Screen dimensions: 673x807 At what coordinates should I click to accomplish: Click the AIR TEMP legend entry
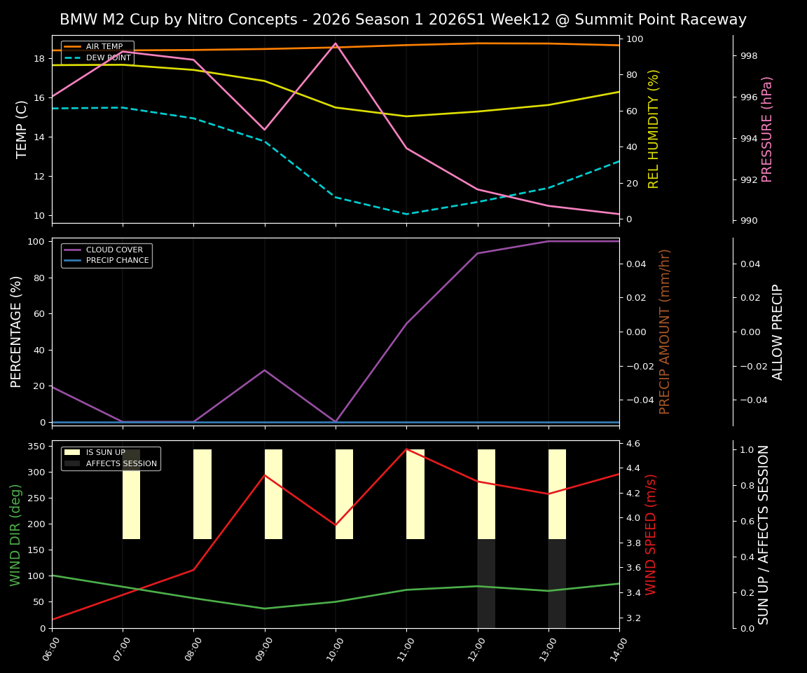coord(104,47)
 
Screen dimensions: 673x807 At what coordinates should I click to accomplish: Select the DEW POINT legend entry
coord(108,58)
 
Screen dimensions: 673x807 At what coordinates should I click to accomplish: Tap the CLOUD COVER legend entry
coord(113,250)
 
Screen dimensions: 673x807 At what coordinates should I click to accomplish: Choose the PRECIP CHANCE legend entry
coord(117,261)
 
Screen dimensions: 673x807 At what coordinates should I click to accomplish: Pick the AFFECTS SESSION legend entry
coord(120,464)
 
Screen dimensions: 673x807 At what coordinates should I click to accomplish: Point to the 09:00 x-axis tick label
coord(260,648)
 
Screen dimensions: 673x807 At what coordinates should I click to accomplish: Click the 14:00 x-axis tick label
coord(614,648)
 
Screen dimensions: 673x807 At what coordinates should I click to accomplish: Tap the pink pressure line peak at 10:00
coord(336,43)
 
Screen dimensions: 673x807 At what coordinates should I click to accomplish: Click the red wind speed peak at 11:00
coord(406,449)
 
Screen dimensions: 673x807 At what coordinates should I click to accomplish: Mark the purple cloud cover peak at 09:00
coord(265,370)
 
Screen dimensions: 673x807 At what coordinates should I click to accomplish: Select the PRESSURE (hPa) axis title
coord(767,129)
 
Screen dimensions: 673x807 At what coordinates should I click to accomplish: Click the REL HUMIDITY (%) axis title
coord(654,129)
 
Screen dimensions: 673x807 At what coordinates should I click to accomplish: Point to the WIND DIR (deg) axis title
coord(15,534)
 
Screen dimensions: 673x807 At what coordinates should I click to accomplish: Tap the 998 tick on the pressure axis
coord(749,56)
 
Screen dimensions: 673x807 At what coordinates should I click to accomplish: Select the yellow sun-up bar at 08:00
coord(202,494)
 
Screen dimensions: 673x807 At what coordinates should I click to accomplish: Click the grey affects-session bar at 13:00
coord(557,583)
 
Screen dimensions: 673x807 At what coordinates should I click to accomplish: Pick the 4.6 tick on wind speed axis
coord(633,444)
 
